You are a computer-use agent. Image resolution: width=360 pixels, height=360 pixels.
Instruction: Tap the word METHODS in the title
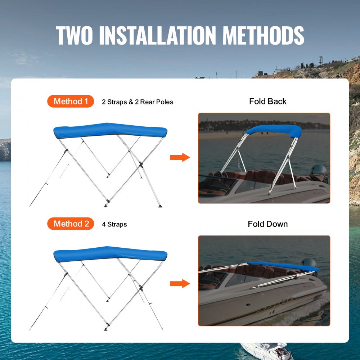[x=264, y=35]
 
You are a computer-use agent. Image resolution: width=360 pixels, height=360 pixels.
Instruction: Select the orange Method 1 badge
[x=71, y=102]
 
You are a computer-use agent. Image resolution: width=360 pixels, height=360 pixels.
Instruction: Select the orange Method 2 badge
[x=71, y=224]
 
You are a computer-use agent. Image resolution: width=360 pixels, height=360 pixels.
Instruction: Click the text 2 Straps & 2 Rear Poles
[x=138, y=102]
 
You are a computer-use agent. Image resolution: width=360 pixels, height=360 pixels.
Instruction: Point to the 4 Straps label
[x=114, y=225]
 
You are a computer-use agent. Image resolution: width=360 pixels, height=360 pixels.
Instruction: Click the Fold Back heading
[x=268, y=102]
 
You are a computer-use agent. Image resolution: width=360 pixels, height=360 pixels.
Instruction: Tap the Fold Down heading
[x=268, y=224]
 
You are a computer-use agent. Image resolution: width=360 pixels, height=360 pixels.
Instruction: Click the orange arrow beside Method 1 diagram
[x=180, y=157]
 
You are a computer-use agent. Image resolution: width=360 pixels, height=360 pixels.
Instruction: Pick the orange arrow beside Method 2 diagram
[x=180, y=283]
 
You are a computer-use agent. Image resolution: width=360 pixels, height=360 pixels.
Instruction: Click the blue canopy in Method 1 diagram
[x=110, y=130]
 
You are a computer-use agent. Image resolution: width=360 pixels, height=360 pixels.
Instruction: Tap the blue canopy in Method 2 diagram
[x=110, y=253]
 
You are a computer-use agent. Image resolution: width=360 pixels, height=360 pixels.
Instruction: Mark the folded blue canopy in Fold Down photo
[x=284, y=266]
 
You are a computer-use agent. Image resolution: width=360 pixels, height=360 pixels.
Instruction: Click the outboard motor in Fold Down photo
[x=309, y=263]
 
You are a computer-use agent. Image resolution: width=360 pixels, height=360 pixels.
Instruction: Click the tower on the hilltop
[x=320, y=60]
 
